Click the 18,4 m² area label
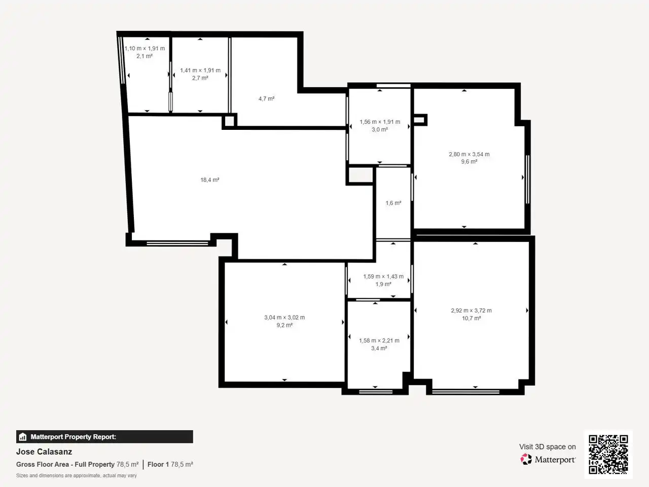click(x=209, y=180)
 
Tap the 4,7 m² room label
click(x=266, y=99)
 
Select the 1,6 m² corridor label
click(x=393, y=203)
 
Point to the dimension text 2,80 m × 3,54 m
click(x=469, y=154)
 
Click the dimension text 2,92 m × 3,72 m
click(x=472, y=310)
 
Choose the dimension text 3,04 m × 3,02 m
click(x=284, y=318)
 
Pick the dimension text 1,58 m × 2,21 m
click(x=379, y=340)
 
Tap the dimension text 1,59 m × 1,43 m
click(x=383, y=276)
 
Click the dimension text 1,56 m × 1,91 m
click(x=380, y=122)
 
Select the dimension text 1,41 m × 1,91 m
click(x=200, y=71)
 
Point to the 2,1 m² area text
click(x=145, y=56)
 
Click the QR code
click(x=608, y=454)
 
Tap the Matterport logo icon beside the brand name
click(x=526, y=459)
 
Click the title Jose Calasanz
click(x=44, y=451)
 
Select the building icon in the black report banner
click(x=23, y=437)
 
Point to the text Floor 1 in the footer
click(x=158, y=464)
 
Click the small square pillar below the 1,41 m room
click(x=230, y=121)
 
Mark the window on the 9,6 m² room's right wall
click(x=527, y=179)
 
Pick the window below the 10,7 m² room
click(x=465, y=392)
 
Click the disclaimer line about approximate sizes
click(x=76, y=475)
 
